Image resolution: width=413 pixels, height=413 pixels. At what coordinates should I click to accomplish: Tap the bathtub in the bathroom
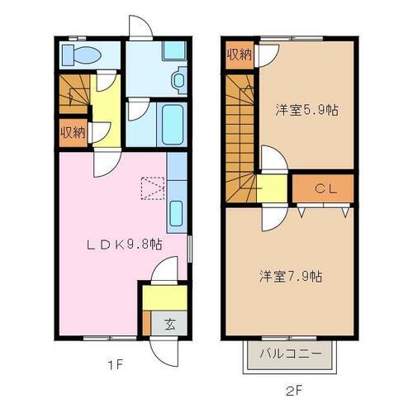173,125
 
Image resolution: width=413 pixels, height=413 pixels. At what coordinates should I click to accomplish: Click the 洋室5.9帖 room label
306,110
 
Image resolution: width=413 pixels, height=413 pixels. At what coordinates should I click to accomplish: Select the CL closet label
323,189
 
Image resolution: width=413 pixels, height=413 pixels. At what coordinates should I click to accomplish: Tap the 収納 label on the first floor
73,131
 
